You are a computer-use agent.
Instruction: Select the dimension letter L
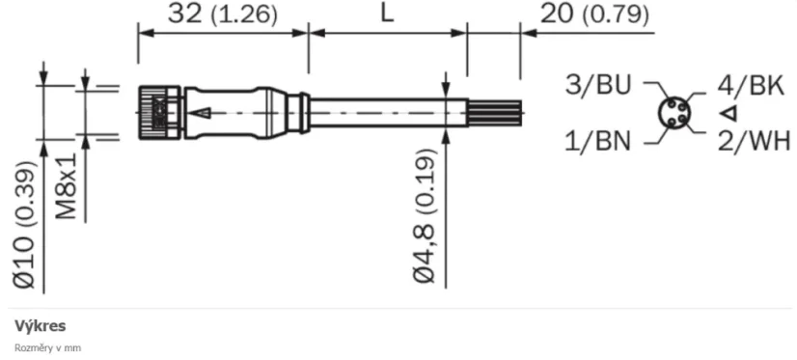click(x=387, y=14)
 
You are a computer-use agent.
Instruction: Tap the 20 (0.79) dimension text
click(x=594, y=14)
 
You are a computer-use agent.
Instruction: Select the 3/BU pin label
click(x=598, y=85)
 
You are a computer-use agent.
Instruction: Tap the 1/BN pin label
click(x=598, y=142)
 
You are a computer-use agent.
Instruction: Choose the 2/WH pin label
click(x=753, y=142)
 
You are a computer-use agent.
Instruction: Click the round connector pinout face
click(x=674, y=114)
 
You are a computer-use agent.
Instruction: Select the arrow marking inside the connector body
click(x=200, y=113)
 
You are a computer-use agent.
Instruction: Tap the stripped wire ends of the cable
click(x=494, y=113)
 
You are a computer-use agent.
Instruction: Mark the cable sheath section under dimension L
click(x=386, y=113)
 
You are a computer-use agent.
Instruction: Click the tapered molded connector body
click(x=241, y=113)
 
